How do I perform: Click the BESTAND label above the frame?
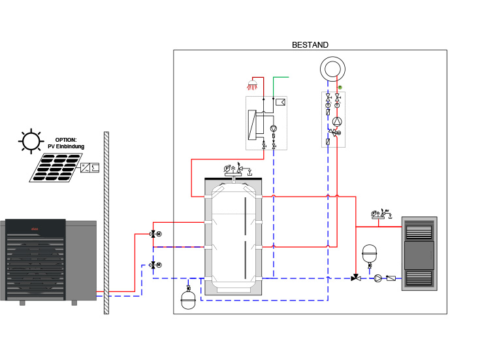(x=310, y=44)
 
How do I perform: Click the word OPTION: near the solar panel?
(x=66, y=140)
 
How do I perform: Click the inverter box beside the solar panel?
(x=89, y=168)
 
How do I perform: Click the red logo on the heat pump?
(x=35, y=227)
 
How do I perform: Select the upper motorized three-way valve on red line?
(x=153, y=234)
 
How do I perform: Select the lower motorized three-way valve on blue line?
(x=153, y=265)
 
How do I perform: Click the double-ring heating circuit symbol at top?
(x=332, y=68)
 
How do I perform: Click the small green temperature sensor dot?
(x=340, y=88)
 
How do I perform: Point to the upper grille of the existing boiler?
(x=419, y=230)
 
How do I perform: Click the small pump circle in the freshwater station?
(x=274, y=129)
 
